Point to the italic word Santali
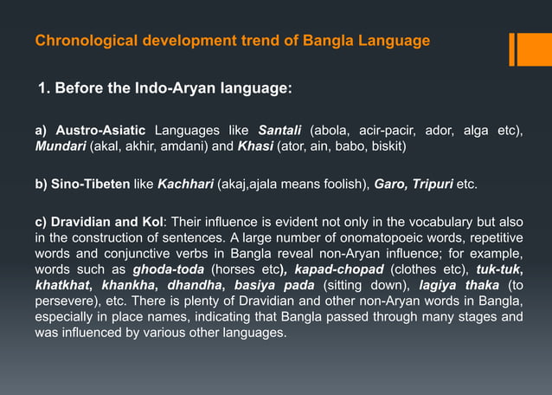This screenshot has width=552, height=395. tap(282, 130)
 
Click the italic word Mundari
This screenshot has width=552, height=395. tap(61, 146)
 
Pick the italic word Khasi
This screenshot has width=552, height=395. tap(255, 146)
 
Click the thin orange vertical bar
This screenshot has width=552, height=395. tap(512, 49)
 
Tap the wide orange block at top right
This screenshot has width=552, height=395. tap(535, 49)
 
